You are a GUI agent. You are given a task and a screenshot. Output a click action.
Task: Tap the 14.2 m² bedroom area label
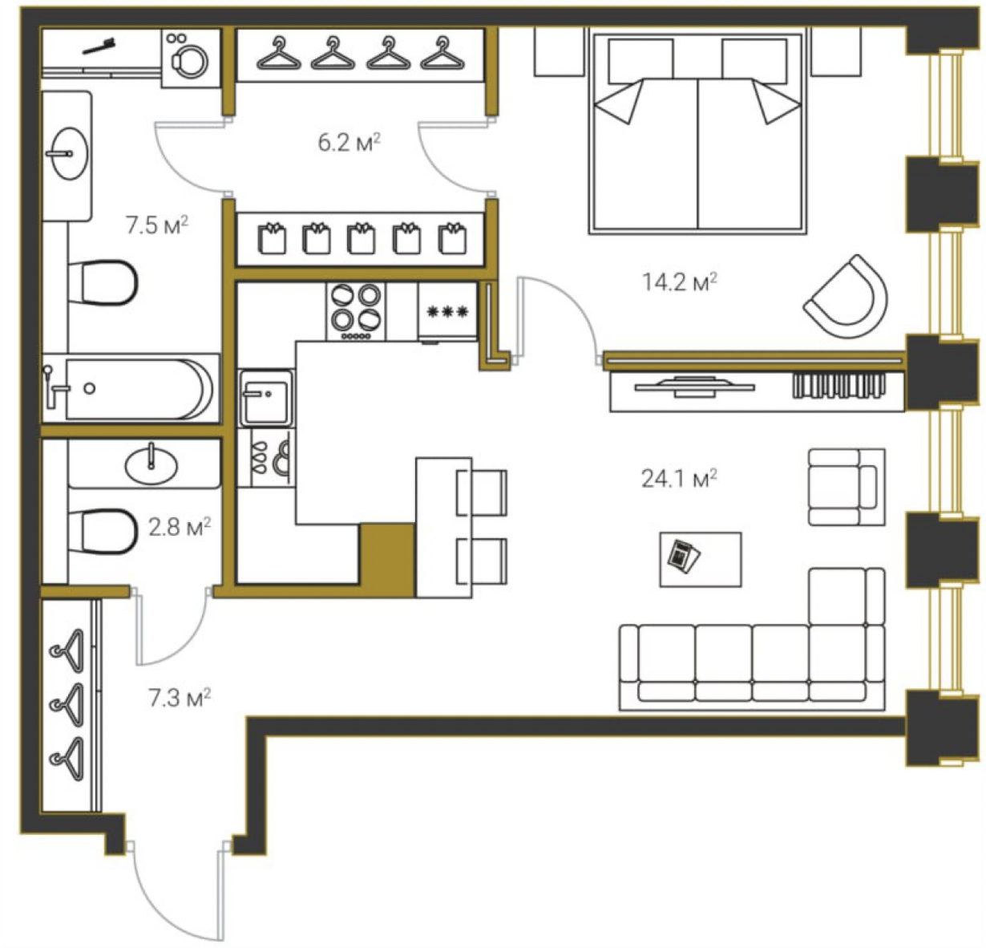pos(680,282)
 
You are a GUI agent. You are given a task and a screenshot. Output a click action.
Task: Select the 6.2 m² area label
pos(349,143)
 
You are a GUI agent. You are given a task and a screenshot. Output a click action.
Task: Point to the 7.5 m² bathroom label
pos(157,225)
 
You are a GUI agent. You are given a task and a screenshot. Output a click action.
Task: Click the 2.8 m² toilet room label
pos(180,527)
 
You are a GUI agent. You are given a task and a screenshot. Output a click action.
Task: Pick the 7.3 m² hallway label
pos(180,698)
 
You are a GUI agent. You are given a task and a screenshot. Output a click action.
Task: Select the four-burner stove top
pos(356,311)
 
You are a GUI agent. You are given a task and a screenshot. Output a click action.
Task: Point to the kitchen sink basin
pos(266,398)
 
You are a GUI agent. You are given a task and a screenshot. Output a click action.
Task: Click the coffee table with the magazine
pos(701,559)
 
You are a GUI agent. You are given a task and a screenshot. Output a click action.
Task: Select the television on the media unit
pos(693,387)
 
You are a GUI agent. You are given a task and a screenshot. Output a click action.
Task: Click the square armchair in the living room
pos(847,487)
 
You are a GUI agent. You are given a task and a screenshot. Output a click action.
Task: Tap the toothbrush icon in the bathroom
pos(99,47)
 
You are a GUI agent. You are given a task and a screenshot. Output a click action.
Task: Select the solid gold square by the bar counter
pos(388,559)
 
